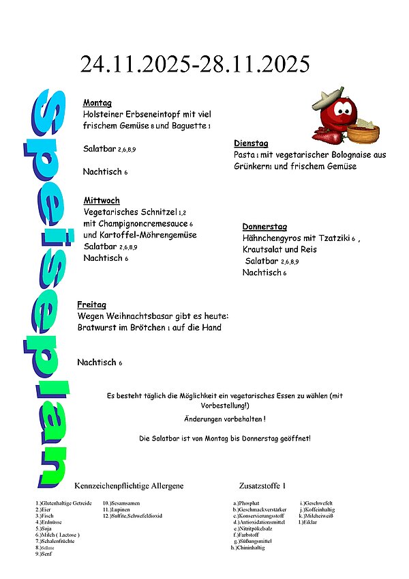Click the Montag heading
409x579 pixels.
[x=97, y=103]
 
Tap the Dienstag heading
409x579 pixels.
[x=251, y=143]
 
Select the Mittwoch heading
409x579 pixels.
[x=102, y=200]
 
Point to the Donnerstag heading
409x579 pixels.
[x=264, y=227]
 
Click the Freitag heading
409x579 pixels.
[x=91, y=305]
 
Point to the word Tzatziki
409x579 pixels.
[x=330, y=238]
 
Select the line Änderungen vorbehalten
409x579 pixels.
[x=224, y=418]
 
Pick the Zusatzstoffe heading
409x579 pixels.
[x=262, y=485]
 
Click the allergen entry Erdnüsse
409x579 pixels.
[x=49, y=522]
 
